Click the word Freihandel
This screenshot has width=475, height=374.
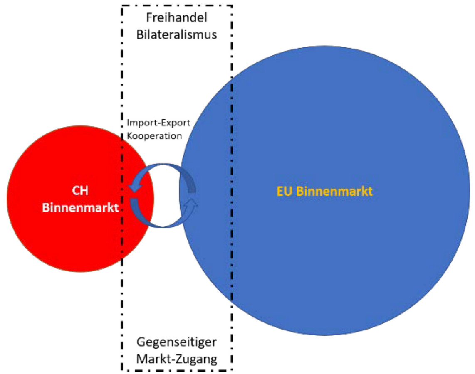[177, 18]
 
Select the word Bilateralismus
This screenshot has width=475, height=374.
[177, 34]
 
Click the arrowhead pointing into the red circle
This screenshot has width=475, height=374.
[134, 188]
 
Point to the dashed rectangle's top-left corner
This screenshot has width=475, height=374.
[122, 6]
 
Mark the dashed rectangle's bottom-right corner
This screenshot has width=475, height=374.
[231, 370]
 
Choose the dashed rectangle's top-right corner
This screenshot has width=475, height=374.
[231, 6]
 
